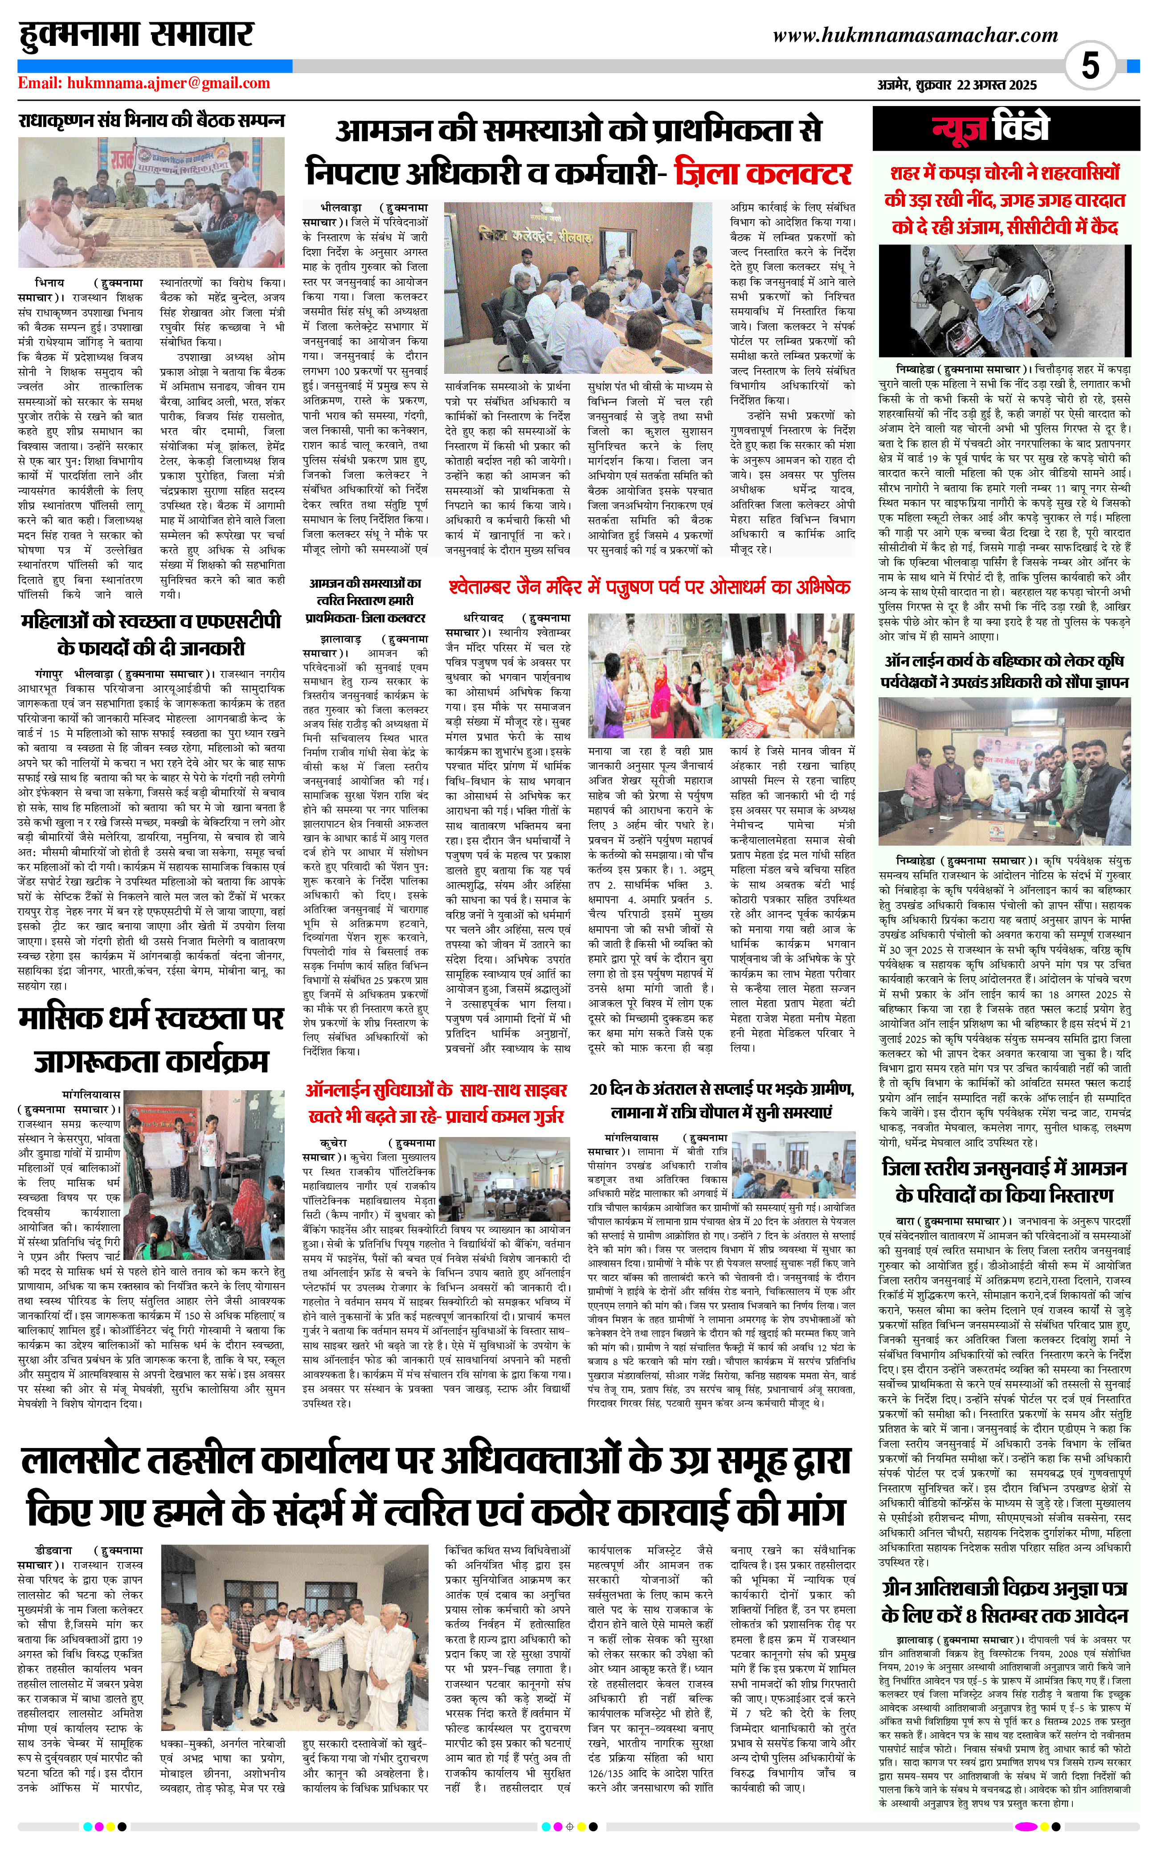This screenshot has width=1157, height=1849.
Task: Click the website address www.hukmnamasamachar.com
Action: pos(915,35)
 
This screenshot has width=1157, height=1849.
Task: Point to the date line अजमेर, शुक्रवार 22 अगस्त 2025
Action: pos(957,85)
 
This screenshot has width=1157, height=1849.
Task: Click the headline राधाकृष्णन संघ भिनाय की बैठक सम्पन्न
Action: pos(151,121)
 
